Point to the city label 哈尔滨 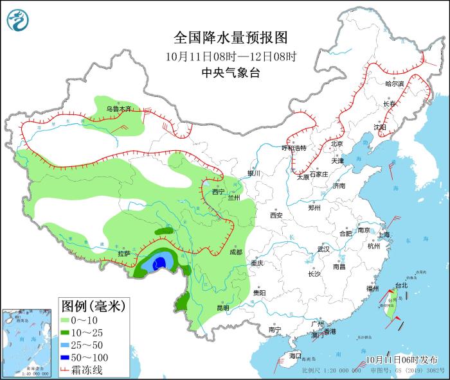394,84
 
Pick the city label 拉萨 123,254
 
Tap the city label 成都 235,252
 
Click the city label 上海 384,235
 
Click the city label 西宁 218,191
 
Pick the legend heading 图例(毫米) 93,304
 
